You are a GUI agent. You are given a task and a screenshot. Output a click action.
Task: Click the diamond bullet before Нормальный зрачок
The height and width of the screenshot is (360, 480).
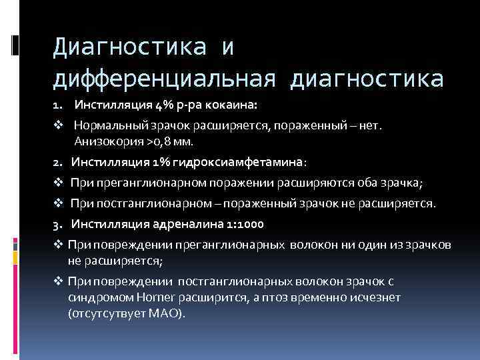pyautogui.click(x=58, y=124)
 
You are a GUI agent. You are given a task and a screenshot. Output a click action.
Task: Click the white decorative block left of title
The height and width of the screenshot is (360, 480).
pyautogui.click(x=15, y=45)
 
